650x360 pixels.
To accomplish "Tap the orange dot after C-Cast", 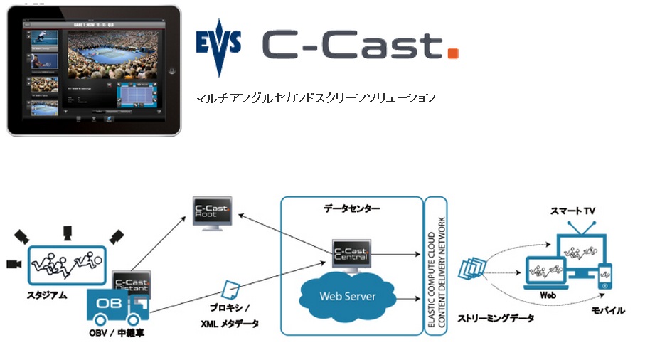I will coord(453,53).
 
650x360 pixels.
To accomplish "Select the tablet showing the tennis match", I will coord(93,68).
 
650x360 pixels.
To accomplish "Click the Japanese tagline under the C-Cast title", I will coord(315,97).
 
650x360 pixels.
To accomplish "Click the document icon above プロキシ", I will coord(230,289).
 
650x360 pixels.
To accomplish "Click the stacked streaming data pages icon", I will coord(471,271).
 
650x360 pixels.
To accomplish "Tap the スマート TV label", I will coord(573,212).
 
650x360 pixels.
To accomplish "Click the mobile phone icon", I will coord(604,276).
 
